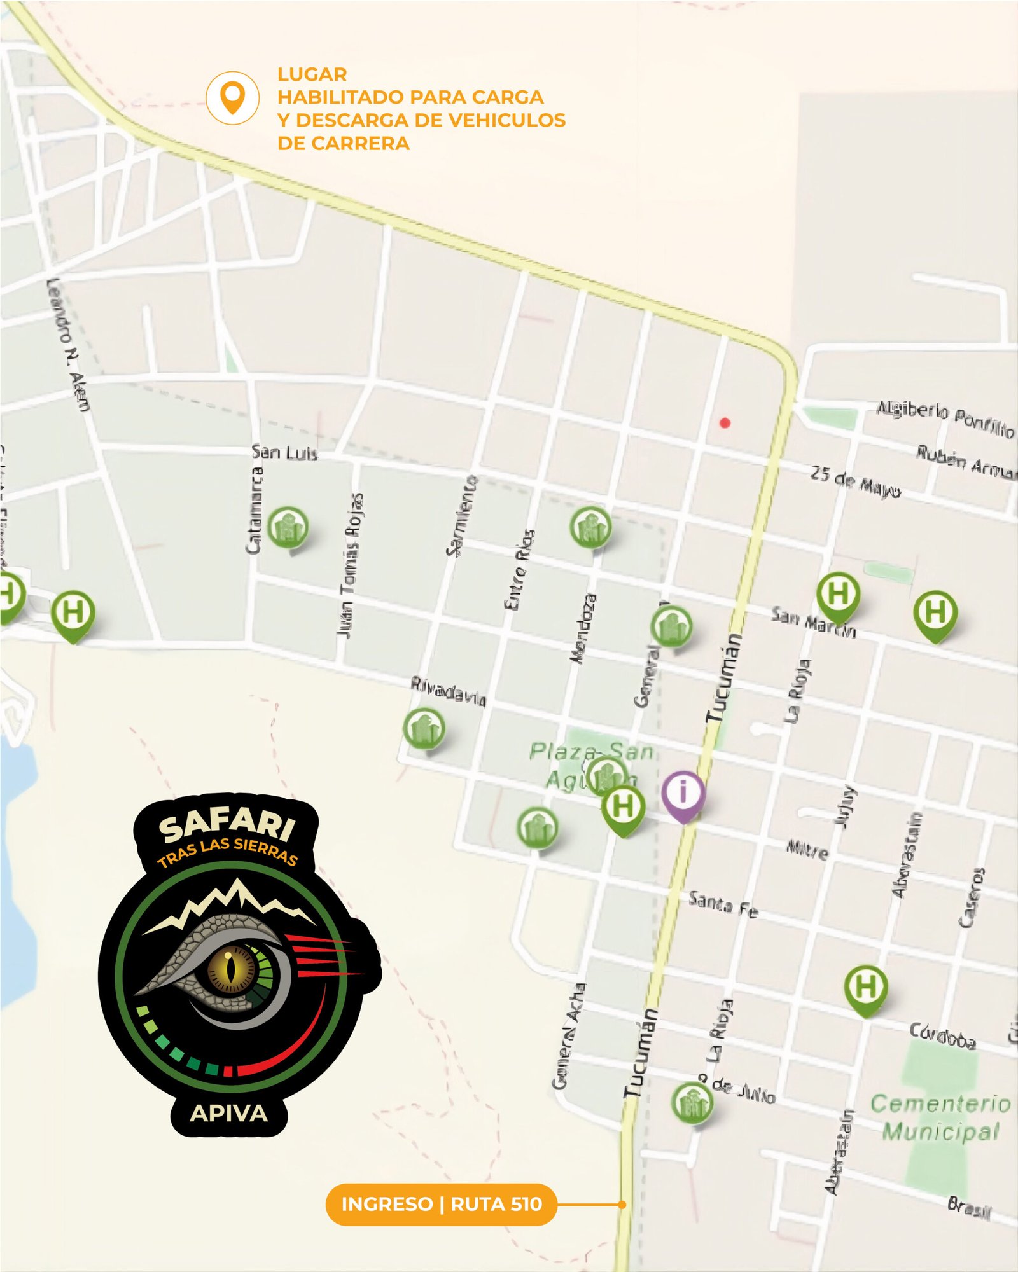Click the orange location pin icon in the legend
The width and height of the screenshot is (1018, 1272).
[x=232, y=97]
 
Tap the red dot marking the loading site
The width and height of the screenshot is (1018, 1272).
[x=724, y=422]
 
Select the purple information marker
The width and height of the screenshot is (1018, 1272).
[x=683, y=794]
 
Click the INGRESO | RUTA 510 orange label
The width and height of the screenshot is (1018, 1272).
[x=441, y=1204]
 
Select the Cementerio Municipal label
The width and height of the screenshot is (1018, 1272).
[x=940, y=1117]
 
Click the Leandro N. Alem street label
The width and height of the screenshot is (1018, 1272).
[x=69, y=344]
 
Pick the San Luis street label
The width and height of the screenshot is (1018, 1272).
[x=284, y=453]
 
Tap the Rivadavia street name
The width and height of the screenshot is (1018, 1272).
[x=449, y=691]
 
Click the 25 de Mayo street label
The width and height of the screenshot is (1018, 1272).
[x=855, y=481]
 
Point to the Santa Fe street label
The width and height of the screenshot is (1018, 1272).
[x=723, y=904]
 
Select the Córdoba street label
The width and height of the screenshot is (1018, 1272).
[x=942, y=1035]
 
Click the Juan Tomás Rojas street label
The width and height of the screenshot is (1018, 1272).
[x=351, y=566]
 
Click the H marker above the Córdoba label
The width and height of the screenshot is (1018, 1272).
[x=865, y=987]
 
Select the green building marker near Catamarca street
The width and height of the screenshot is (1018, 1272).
[x=288, y=527]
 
